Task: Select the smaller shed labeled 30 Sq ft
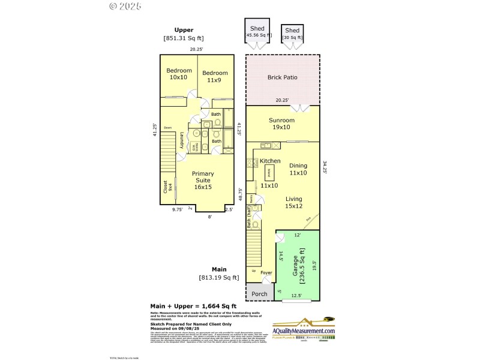292,34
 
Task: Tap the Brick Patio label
282,77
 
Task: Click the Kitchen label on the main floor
270,161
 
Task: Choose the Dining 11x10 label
298,169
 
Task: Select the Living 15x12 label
293,203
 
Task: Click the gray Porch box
259,293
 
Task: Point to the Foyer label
266,273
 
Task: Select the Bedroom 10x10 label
179,74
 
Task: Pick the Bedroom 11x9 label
214,76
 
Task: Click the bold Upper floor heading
184,29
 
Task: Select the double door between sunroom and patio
299,108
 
